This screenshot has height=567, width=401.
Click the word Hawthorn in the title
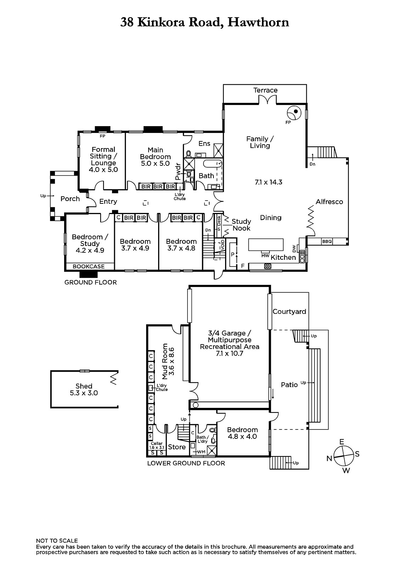(x=258, y=22)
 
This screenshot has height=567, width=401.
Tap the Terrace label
(x=266, y=90)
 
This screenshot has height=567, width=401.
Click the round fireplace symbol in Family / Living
(x=294, y=112)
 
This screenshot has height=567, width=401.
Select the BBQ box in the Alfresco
(x=327, y=241)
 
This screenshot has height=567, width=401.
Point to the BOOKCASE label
(x=89, y=266)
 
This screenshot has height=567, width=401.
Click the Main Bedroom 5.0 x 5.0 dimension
(x=155, y=163)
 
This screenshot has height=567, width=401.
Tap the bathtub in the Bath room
(x=212, y=164)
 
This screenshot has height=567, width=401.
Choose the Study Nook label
(x=241, y=225)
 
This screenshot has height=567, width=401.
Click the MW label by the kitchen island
(x=265, y=256)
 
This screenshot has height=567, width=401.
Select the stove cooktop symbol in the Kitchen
(x=268, y=266)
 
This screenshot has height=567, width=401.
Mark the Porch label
(x=70, y=199)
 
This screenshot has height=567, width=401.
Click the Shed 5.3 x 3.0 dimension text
(x=84, y=393)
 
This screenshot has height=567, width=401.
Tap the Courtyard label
(x=289, y=311)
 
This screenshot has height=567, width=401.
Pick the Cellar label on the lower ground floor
(x=157, y=443)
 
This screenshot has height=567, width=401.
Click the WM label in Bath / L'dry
(x=201, y=452)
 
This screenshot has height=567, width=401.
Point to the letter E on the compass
(x=342, y=442)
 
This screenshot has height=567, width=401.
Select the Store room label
(x=177, y=447)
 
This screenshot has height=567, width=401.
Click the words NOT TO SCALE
(x=57, y=541)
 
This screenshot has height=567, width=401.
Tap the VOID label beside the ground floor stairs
(x=222, y=245)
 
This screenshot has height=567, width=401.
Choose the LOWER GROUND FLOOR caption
(x=186, y=463)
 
